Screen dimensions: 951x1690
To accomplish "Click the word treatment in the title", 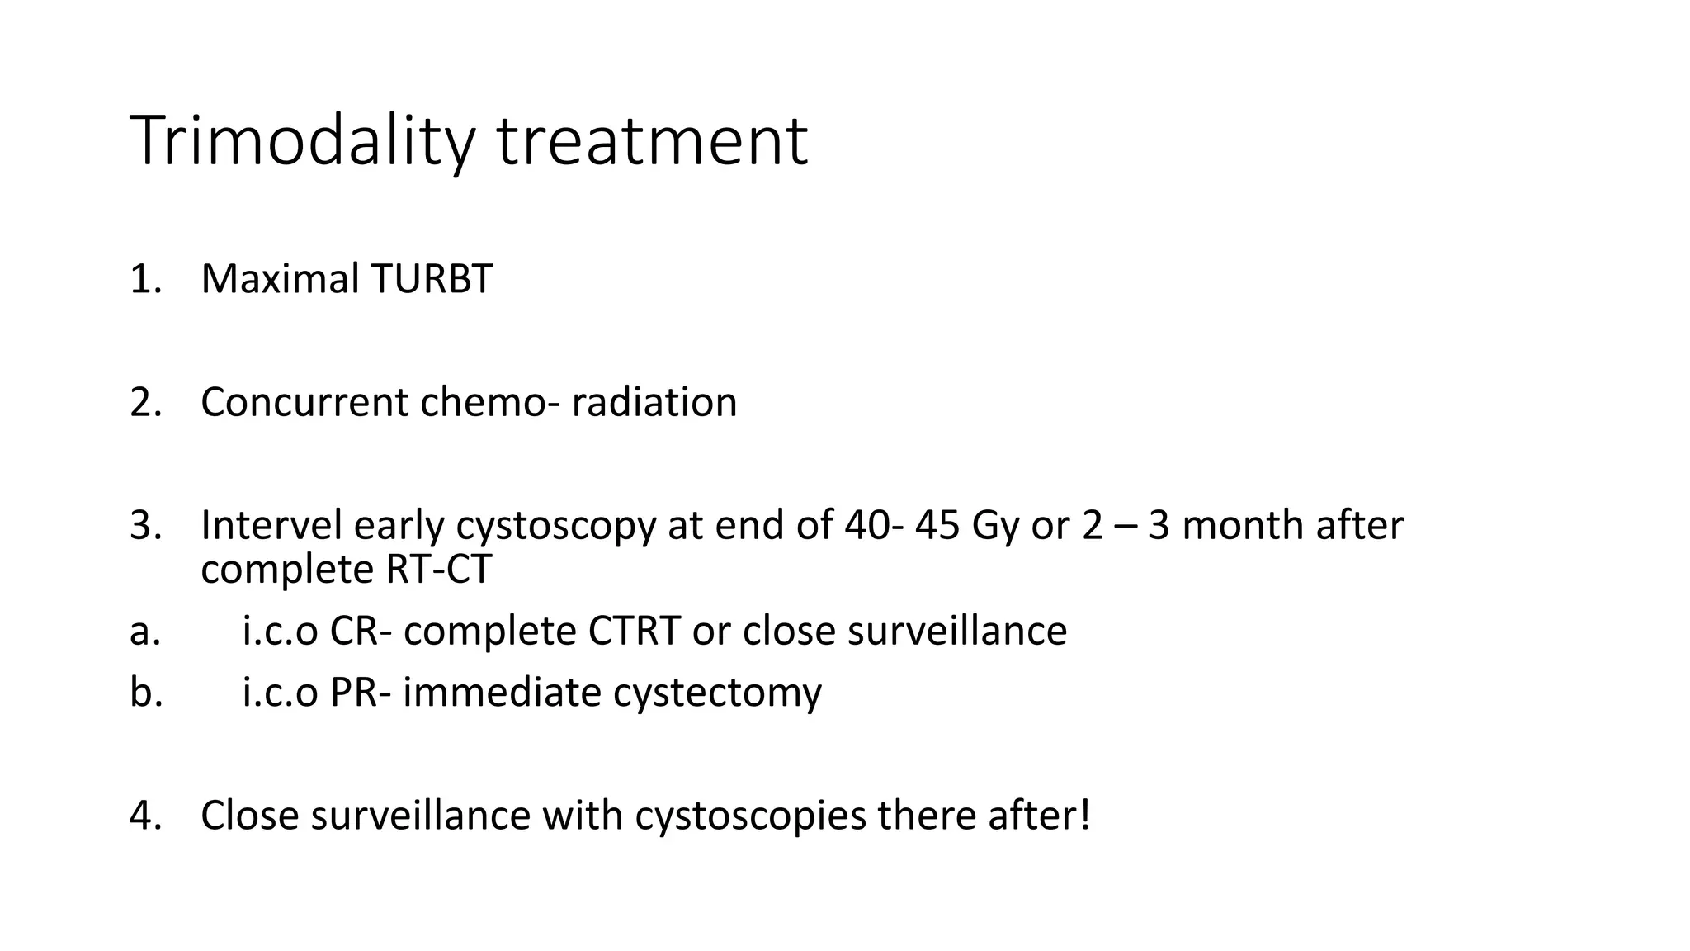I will tap(652, 142).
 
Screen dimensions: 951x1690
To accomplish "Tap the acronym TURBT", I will tap(432, 279).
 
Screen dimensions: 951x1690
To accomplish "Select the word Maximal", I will tap(280, 279).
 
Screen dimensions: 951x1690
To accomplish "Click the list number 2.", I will tap(140, 403).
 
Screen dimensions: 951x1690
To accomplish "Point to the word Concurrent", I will tap(304, 403).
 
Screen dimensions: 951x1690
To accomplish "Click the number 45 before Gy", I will tap(937, 525).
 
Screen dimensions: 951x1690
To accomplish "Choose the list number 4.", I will tap(140, 816).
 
